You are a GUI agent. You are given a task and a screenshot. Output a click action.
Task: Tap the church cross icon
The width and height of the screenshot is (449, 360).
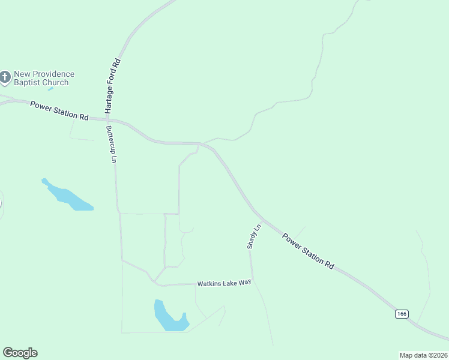coord(5,77)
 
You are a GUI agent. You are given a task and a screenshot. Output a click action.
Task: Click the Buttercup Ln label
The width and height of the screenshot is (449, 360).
coord(110,144)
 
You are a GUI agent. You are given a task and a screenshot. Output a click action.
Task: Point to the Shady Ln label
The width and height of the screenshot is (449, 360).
coord(253,236)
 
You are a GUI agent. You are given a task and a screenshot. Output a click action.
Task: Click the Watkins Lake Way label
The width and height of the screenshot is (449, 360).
coord(224,283)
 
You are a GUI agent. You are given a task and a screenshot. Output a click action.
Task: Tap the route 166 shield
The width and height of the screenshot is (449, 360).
coord(402,314)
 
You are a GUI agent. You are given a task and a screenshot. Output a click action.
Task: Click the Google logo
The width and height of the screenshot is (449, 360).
coord(20,353)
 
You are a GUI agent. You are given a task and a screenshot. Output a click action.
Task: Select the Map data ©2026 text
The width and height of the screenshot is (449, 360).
coord(423,355)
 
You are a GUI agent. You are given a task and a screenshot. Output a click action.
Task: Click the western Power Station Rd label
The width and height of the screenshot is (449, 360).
coord(59,110)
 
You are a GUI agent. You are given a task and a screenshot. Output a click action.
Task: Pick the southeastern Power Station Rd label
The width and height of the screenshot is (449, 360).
coord(308,251)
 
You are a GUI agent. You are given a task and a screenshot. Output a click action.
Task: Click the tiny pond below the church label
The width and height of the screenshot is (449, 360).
coord(50,89)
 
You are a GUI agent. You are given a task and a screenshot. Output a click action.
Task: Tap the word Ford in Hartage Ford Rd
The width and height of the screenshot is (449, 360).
coord(112,80)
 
